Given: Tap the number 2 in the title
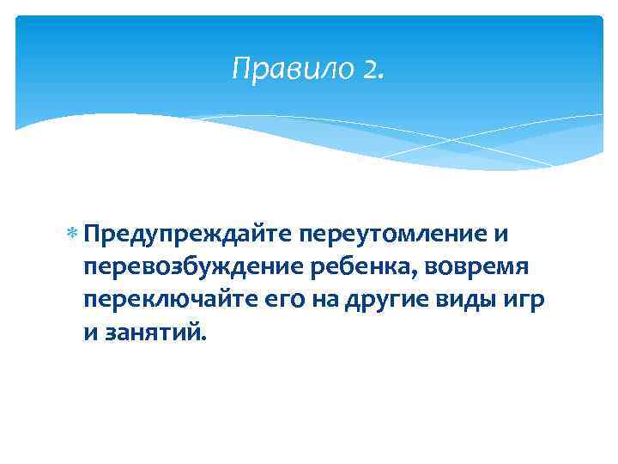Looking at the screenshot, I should tap(371, 69).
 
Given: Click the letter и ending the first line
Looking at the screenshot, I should tap(506, 233).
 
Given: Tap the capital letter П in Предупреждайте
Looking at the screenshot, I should tap(93, 233).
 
